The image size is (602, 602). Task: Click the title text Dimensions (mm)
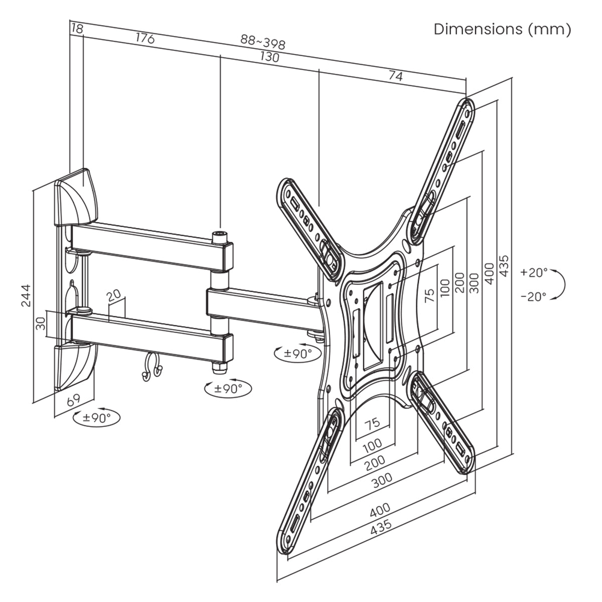[502, 29]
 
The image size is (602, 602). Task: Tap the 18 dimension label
[77, 29]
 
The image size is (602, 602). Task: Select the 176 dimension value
[144, 38]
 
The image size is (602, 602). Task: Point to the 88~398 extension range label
[262, 42]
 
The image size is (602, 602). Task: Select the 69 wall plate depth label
[73, 400]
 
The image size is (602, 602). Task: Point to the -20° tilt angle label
[533, 296]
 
